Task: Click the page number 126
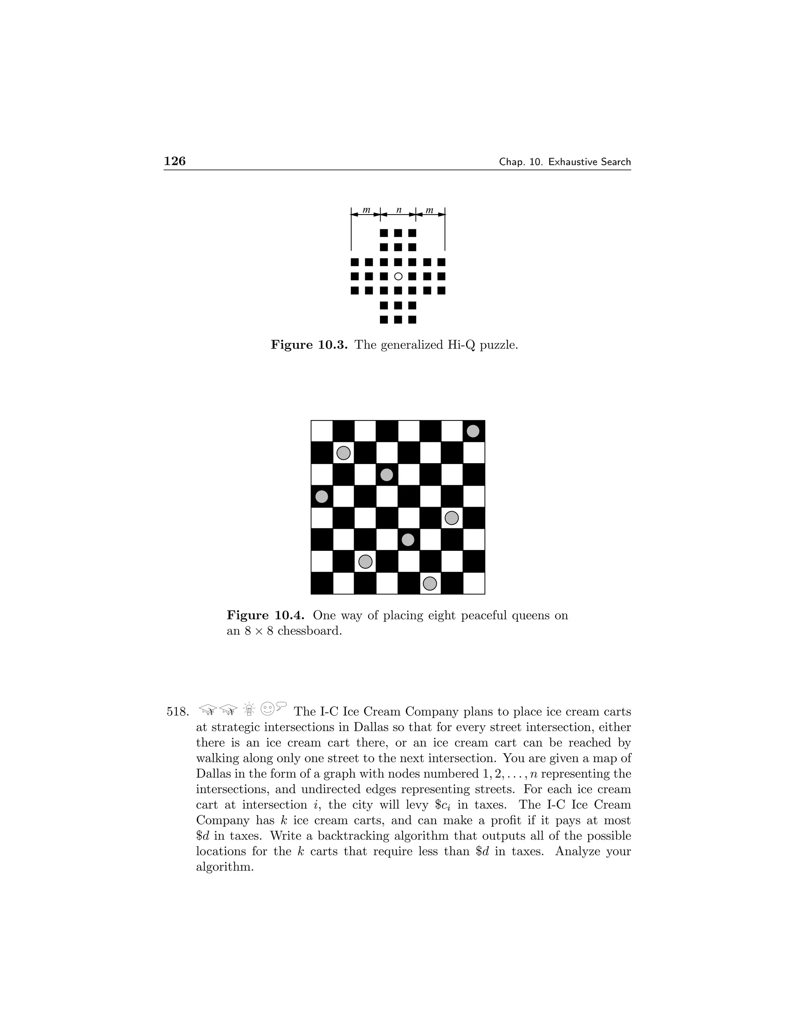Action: pos(175,161)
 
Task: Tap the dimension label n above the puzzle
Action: pos(398,210)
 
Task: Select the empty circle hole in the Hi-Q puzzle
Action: pos(398,276)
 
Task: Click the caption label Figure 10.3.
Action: pos(309,345)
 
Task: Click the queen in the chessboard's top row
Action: pos(473,431)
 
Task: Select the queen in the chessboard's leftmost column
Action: pos(322,497)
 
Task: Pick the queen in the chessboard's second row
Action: pos(343,453)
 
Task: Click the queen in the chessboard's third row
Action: pos(387,474)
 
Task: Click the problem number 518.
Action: pos(177,712)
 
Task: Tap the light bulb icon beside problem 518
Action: pos(249,708)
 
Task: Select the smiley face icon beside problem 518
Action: pos(267,708)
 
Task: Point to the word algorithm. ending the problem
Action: pos(225,867)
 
